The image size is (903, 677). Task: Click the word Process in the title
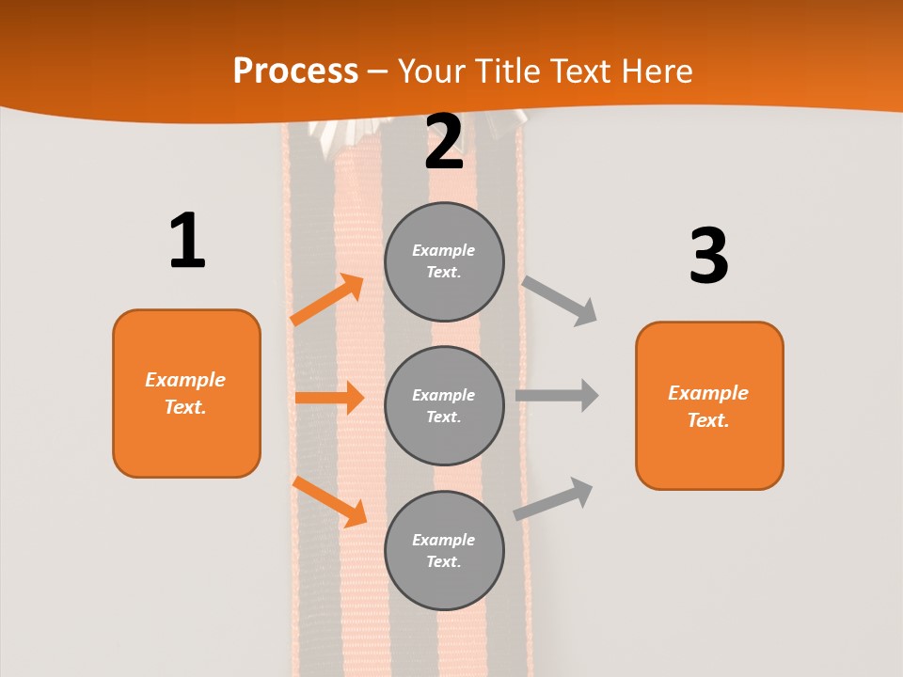[295, 71]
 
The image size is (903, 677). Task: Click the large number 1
[187, 241]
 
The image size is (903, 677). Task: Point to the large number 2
[444, 142]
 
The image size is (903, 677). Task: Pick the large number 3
[708, 257]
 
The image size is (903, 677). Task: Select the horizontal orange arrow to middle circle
[329, 398]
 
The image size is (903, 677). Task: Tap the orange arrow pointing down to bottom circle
[330, 501]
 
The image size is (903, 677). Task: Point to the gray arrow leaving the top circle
[560, 300]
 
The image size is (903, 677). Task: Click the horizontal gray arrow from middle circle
[557, 395]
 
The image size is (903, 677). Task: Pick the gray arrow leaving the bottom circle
[553, 499]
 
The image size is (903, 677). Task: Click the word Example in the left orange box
[185, 380]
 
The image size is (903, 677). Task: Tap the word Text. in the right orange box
[708, 420]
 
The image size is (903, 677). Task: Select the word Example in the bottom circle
[444, 540]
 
